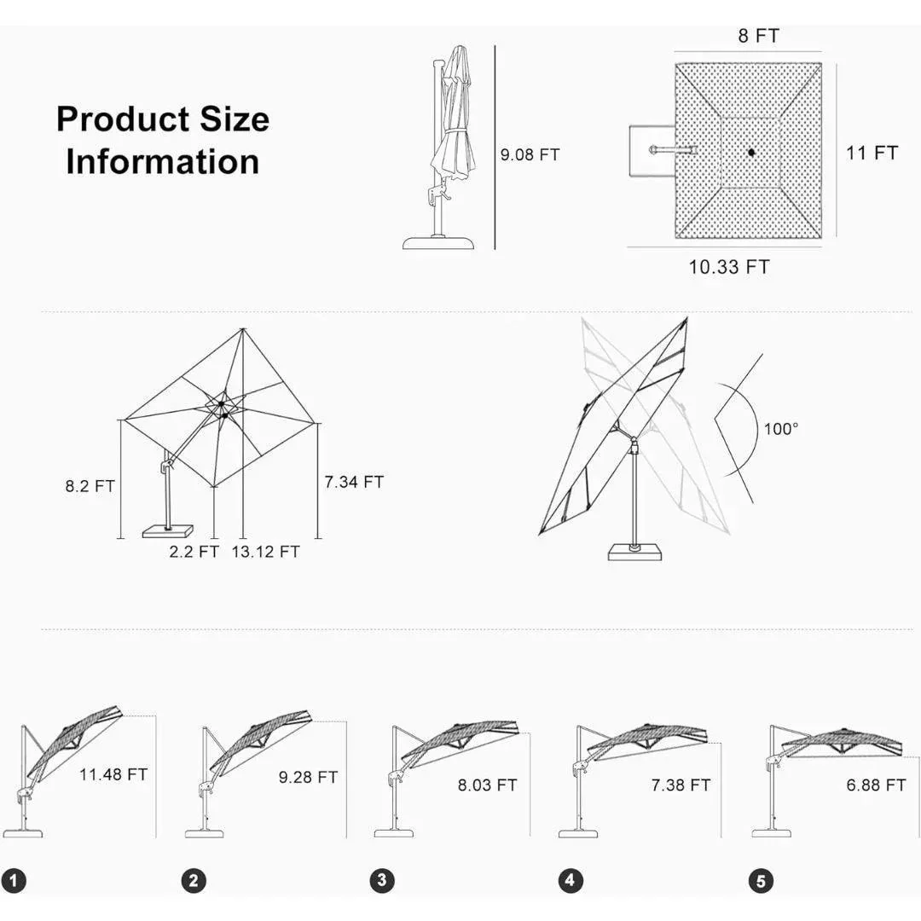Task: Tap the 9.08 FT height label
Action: coord(530,155)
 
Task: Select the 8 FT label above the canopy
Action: coord(757,36)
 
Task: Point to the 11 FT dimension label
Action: coord(872,153)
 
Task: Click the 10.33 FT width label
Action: coord(728,267)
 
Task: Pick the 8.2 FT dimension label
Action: coord(90,487)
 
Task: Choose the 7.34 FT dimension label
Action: coord(354,482)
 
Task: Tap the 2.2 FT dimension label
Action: coord(194,552)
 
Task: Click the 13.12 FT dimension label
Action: coord(265,552)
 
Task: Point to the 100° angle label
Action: coord(780,429)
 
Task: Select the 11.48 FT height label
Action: coord(113,775)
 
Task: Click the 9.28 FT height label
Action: coord(308,778)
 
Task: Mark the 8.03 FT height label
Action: coord(487,785)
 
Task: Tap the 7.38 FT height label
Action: coord(681,785)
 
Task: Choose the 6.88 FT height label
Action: coord(876,785)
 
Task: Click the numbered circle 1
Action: coord(14,881)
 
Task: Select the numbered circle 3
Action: coord(381,881)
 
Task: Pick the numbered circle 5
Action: coord(760,881)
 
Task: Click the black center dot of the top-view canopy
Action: coord(750,153)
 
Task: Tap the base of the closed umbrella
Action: coord(439,243)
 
